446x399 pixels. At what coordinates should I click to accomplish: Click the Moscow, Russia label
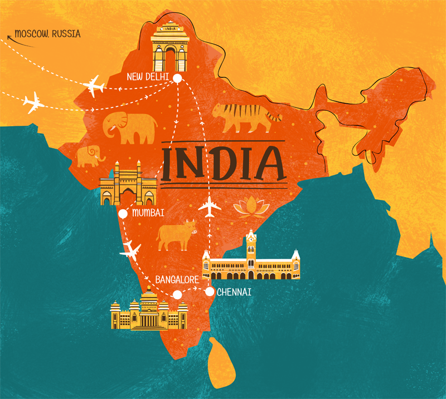pos(47,34)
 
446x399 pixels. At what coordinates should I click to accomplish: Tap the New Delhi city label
pos(147,76)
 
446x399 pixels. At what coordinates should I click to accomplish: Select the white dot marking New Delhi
pos(177,78)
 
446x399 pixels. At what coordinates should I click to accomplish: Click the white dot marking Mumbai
pos(123,213)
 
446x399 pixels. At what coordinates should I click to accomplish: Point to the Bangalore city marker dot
pos(177,294)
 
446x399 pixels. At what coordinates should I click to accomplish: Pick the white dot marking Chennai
pos(210,291)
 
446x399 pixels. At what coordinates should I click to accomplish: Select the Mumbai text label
pos(148,213)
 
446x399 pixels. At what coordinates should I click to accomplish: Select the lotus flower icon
pos(248,206)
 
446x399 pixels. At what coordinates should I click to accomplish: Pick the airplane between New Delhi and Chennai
pos(209,206)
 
